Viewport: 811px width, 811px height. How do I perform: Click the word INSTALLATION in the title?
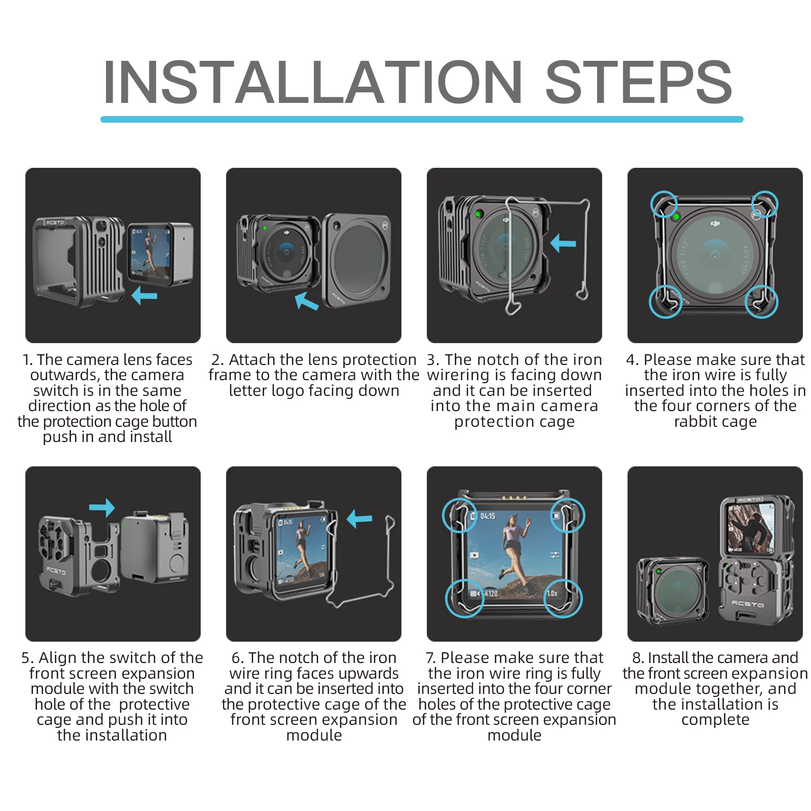312,82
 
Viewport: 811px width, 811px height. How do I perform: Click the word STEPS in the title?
638,82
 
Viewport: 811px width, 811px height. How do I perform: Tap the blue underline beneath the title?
422,120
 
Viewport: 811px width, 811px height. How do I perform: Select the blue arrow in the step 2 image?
307,301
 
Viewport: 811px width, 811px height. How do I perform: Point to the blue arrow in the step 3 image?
563,243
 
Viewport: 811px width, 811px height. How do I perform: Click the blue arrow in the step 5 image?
102,507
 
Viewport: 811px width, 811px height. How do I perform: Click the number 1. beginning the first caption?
28,360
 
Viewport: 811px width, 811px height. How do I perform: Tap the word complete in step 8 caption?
715,720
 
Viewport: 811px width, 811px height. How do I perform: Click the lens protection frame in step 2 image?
356,260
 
